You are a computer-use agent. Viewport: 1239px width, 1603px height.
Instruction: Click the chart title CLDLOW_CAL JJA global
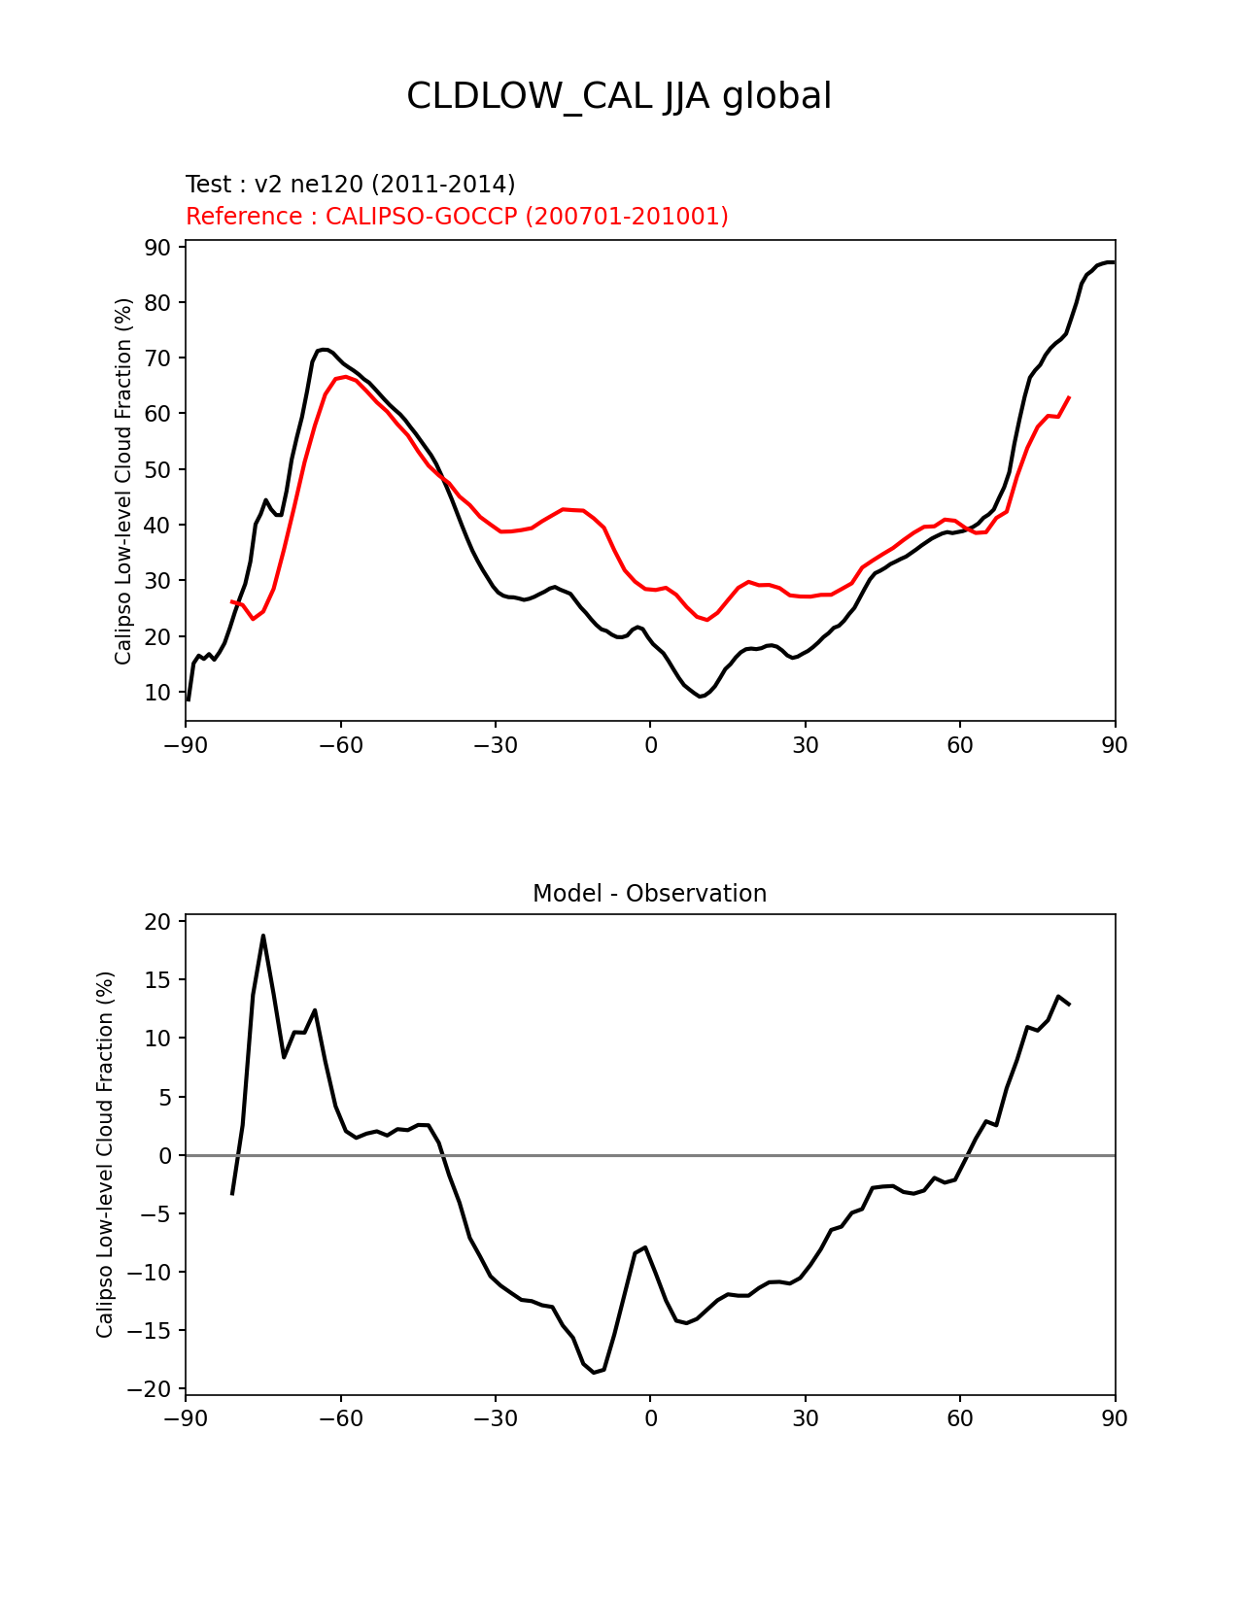(619, 97)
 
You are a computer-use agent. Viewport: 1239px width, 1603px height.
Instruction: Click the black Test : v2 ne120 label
(350, 185)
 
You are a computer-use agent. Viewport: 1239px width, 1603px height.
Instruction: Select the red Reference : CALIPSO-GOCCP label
(457, 217)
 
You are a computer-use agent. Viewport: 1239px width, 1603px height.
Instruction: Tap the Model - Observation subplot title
(649, 894)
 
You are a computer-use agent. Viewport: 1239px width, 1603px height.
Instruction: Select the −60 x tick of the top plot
(340, 745)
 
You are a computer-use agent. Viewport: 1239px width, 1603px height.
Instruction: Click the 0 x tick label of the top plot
(650, 745)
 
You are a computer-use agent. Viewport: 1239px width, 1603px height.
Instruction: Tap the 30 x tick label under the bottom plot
(805, 1418)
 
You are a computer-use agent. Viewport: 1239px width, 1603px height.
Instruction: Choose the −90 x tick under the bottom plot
(186, 1418)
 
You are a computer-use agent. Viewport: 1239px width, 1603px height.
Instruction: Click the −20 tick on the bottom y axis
(152, 1389)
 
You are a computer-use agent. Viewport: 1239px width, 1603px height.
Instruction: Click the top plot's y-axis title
(123, 481)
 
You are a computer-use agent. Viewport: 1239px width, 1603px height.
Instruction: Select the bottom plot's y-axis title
(105, 1154)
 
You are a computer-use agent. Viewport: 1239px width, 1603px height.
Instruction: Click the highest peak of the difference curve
(262, 936)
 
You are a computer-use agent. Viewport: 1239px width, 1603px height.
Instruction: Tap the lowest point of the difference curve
(594, 1372)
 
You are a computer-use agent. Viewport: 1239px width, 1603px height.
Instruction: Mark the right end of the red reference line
(1069, 396)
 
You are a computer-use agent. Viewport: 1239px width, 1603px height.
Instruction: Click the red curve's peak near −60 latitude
(345, 377)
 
